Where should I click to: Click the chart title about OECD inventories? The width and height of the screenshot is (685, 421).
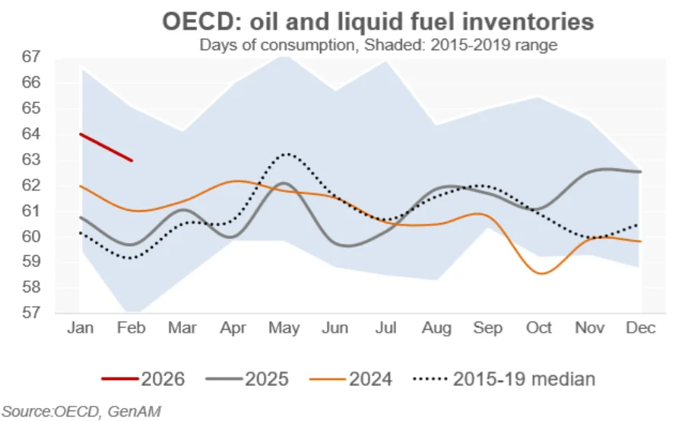tap(378, 21)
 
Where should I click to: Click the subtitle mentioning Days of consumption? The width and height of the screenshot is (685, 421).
tap(378, 45)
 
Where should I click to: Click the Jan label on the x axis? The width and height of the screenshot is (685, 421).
tap(80, 328)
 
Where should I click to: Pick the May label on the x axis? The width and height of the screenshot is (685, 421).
tap(284, 328)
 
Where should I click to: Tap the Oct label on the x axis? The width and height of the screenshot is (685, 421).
tap(538, 328)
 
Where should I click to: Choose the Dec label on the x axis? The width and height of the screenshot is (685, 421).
tap(640, 328)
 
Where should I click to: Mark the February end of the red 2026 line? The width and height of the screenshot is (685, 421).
tap(132, 161)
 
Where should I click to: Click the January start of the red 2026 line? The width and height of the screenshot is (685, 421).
tap(81, 134)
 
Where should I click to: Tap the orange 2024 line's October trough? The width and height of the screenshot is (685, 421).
tap(541, 273)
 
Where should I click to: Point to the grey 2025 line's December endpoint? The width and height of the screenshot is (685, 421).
tap(640, 172)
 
